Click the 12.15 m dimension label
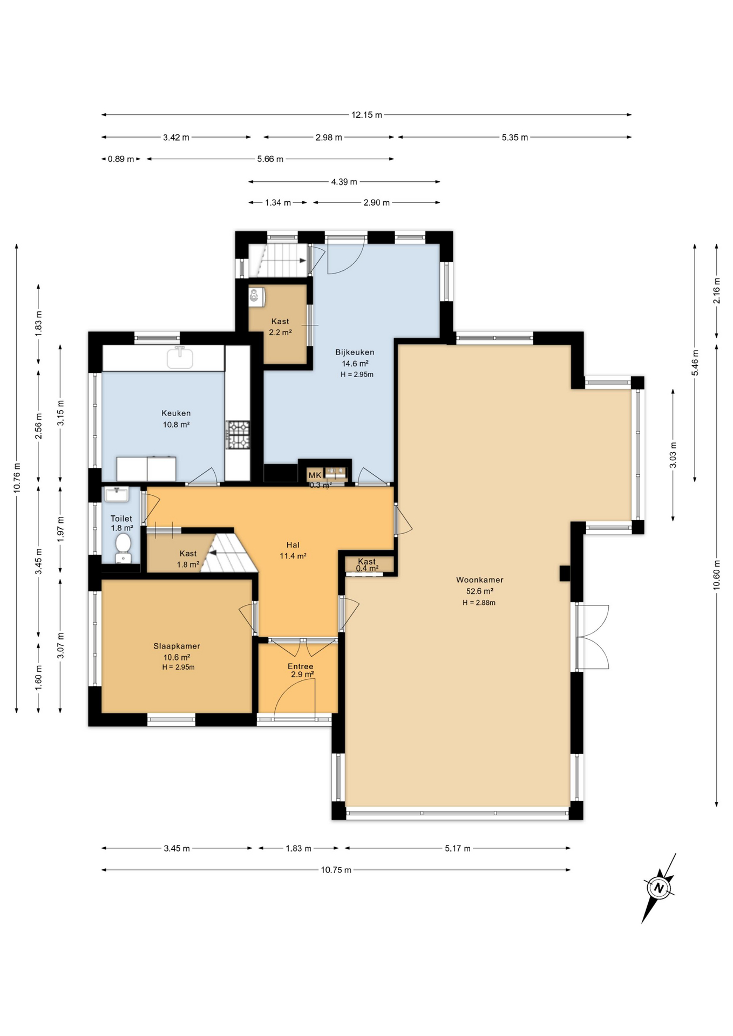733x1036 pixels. coord(366,115)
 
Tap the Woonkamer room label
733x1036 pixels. coord(479,580)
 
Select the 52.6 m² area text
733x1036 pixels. coord(479,591)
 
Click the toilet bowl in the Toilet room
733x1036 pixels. coord(123,543)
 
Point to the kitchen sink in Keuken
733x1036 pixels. coord(180,357)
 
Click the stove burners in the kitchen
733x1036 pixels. coord(237,435)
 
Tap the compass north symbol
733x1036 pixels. coord(659,888)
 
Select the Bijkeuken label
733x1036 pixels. coord(355,352)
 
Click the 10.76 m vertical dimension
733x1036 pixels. coord(17,478)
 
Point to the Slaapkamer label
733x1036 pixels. coord(177,646)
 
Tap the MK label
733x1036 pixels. coord(315,475)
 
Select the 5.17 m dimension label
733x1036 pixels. coord(457,848)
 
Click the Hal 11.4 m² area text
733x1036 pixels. coord(293,556)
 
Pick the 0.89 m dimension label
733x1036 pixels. coord(120,159)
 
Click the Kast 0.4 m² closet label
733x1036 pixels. coord(366,564)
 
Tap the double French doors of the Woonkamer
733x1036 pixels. coord(591,637)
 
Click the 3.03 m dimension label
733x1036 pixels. coord(673,455)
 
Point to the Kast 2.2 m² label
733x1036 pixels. coord(280,327)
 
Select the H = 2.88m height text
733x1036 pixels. coord(479,603)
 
